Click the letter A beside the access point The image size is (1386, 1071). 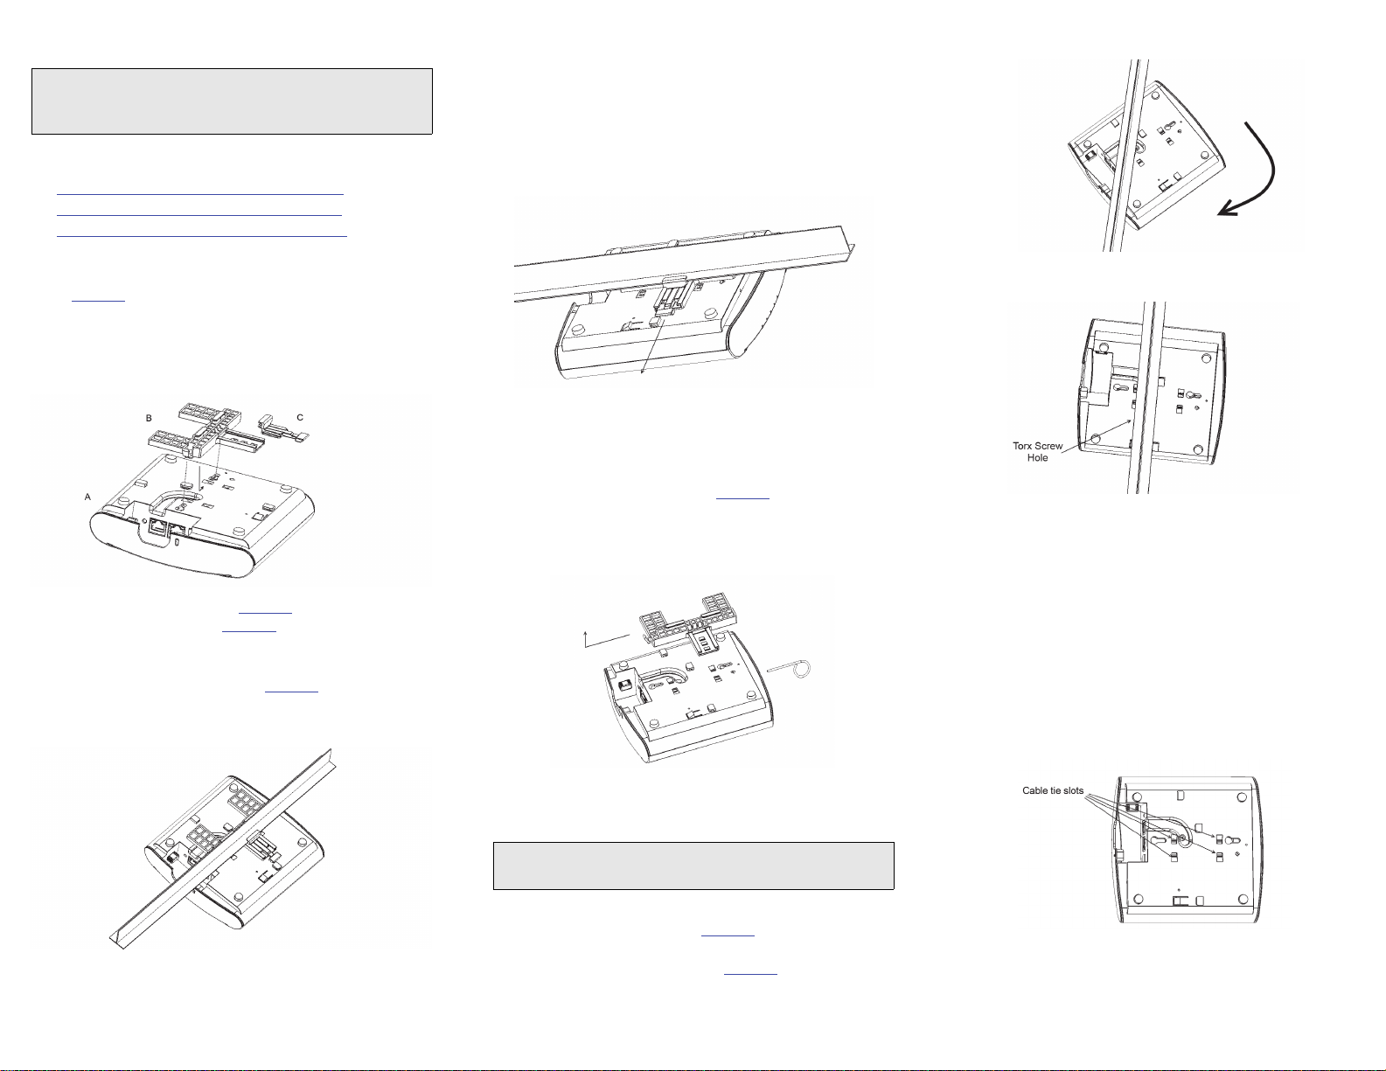[x=88, y=497]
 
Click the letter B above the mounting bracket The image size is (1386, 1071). [x=149, y=418]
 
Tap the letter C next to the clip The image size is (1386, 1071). [x=300, y=418]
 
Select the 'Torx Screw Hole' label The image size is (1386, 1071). [x=1038, y=451]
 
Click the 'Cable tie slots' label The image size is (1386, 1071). [x=1053, y=790]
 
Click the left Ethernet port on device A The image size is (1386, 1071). [x=157, y=526]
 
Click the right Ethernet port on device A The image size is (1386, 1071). [x=178, y=528]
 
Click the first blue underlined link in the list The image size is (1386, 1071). [x=200, y=193]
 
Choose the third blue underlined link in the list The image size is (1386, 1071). [x=201, y=236]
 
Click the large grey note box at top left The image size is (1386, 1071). [x=233, y=101]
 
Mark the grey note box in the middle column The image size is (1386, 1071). [x=694, y=866]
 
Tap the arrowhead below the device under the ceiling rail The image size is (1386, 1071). [x=642, y=372]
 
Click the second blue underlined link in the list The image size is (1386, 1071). [x=199, y=215]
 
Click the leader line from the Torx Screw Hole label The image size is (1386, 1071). [x=1096, y=436]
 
